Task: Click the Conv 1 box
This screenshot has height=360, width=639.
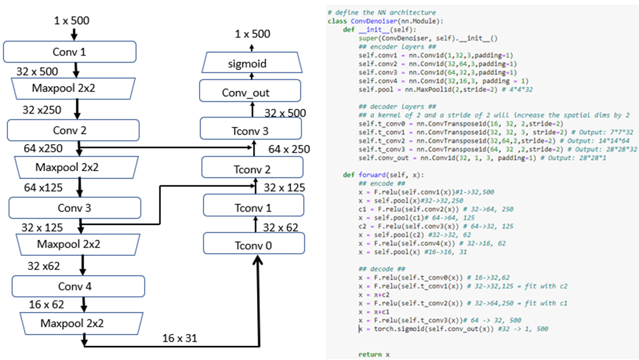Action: (x=69, y=51)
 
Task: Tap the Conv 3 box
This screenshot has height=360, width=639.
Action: (x=75, y=208)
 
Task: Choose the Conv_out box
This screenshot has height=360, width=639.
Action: (x=246, y=93)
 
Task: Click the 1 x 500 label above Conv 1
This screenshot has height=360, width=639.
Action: (x=71, y=21)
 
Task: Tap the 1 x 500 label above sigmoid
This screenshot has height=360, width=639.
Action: (x=252, y=34)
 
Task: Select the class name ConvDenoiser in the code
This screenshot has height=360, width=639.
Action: (x=365, y=21)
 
